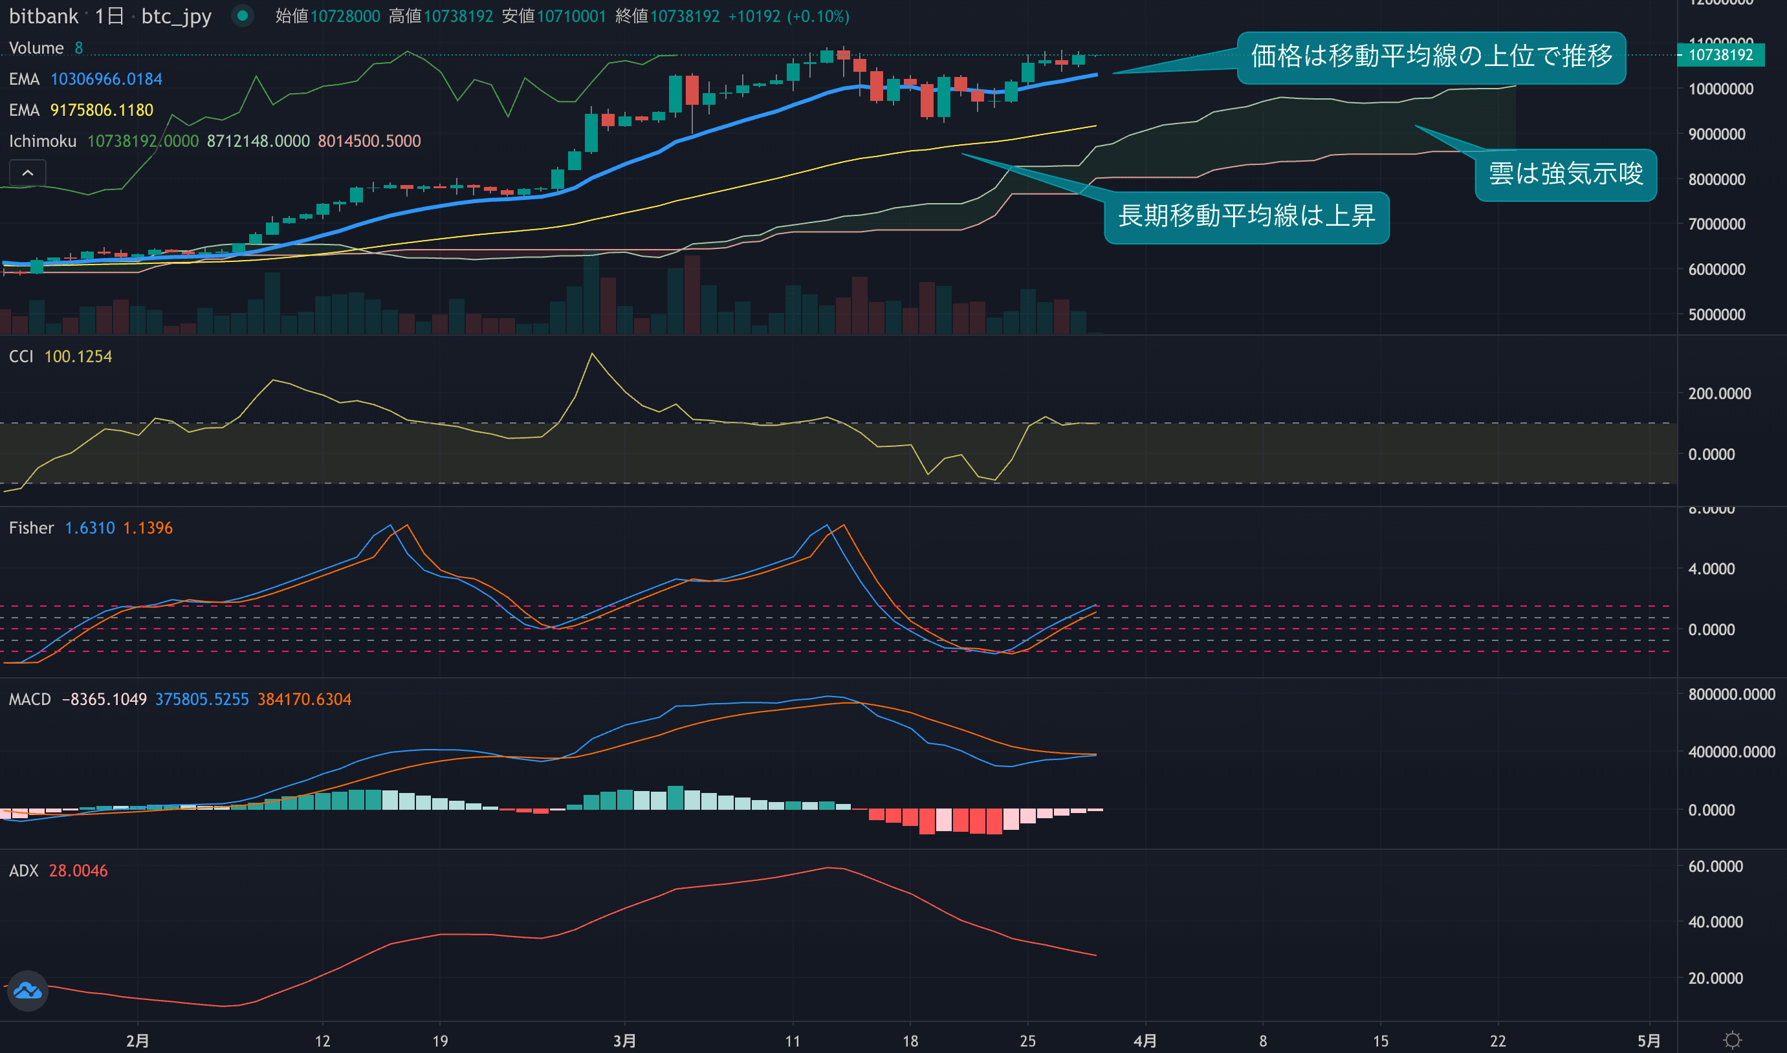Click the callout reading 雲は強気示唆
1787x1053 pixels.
[1565, 175]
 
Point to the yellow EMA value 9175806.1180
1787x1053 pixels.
[102, 110]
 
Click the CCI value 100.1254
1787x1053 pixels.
[78, 356]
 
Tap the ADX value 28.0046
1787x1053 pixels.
[78, 871]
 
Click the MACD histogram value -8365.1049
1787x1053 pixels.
[104, 699]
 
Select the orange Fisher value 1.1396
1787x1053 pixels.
[148, 528]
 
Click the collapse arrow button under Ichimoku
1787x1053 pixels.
[28, 173]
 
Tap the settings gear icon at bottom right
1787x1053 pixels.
[1733, 1039]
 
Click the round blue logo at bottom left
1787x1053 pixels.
[28, 990]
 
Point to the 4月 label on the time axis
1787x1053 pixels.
[1145, 1041]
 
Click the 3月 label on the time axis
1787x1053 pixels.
[624, 1041]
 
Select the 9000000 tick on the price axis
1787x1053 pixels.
[1716, 134]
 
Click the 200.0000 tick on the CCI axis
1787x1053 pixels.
[1719, 393]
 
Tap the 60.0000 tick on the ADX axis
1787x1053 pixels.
[1715, 866]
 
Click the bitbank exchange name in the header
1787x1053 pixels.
[43, 16]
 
